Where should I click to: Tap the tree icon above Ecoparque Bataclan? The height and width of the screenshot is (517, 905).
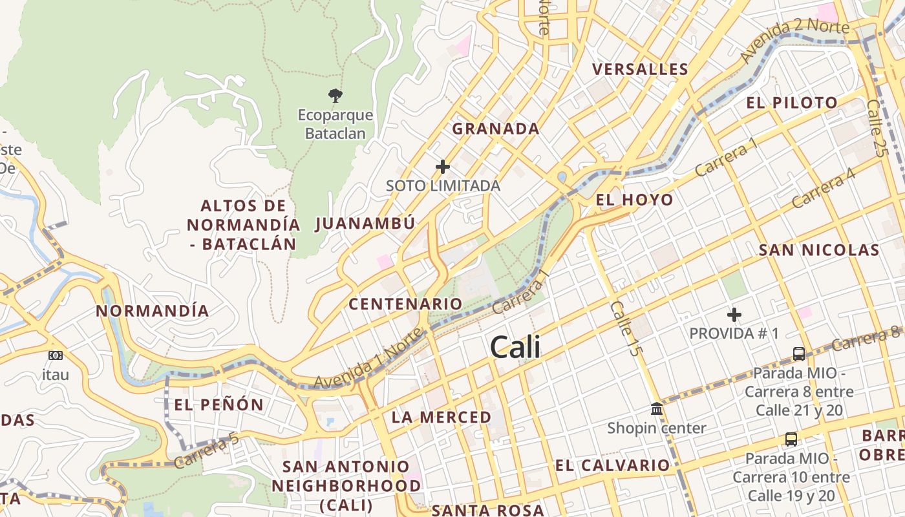335,96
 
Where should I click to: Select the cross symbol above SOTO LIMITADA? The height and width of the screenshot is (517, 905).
443,167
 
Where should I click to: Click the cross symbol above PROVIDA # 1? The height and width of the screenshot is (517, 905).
734,315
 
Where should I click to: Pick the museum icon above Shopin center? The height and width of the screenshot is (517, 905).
657,409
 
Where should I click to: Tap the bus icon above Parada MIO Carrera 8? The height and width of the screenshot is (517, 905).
799,354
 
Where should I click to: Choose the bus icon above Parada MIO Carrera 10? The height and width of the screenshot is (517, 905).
791,439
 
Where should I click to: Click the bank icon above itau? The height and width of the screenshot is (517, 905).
56,355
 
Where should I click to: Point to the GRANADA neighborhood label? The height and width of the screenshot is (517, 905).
495,129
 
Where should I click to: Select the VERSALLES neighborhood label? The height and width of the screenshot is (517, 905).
640,69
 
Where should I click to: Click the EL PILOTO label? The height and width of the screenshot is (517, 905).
792,103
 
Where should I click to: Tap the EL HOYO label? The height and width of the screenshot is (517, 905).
634,200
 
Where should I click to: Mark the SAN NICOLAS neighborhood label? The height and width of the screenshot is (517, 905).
818,250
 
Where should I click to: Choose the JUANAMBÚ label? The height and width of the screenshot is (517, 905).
365,224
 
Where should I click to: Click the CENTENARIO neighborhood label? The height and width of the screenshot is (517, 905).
405,304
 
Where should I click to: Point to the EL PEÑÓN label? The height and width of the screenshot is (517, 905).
218,405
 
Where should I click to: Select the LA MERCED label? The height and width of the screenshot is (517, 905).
442,417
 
